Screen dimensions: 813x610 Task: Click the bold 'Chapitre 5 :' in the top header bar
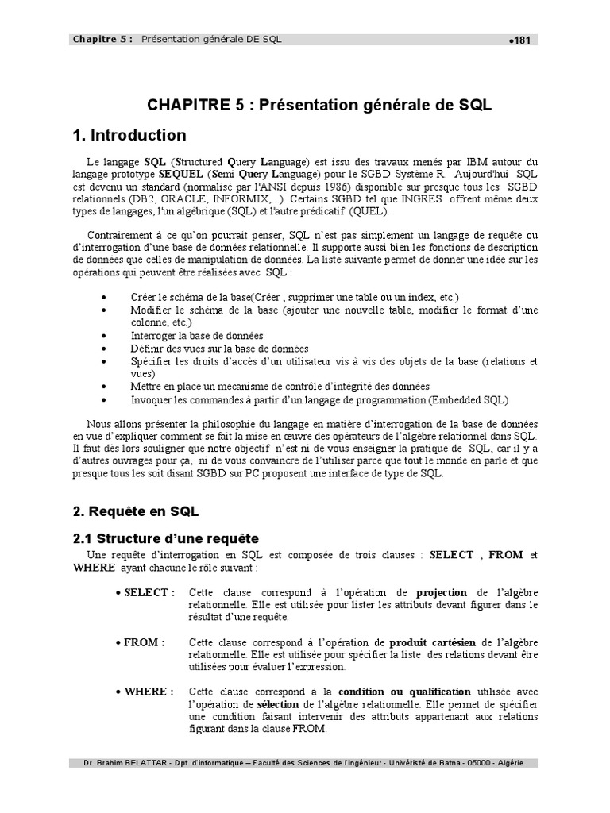[x=102, y=39]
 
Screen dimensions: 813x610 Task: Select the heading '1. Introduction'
[x=129, y=135]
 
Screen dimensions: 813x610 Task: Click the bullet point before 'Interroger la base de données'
[x=106, y=336]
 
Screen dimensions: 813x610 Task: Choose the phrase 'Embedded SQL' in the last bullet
[x=470, y=399]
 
